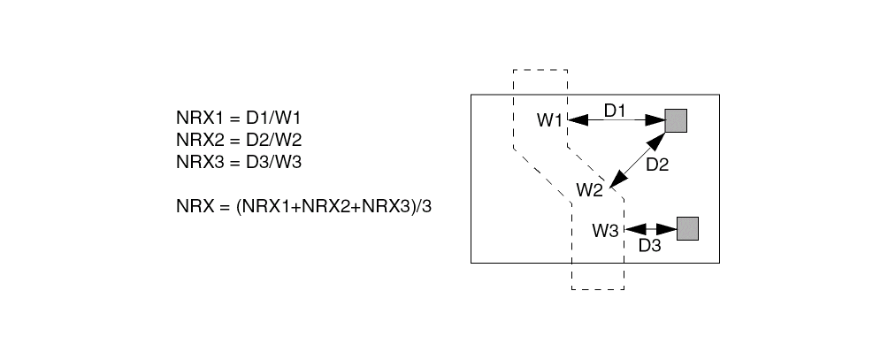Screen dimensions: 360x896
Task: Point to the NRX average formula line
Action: coord(309,206)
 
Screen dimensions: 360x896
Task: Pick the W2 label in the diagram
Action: coord(589,189)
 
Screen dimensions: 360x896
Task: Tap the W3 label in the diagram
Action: coord(606,232)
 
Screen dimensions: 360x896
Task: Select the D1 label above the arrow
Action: coord(616,110)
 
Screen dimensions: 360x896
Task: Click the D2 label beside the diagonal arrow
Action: coord(657,164)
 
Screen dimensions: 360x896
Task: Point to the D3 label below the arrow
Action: coord(649,245)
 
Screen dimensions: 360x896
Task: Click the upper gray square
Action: coord(676,120)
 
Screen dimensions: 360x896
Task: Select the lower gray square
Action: coord(687,228)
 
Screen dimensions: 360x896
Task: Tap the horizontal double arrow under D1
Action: coord(616,120)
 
